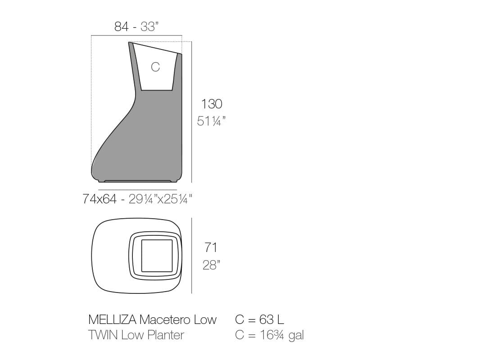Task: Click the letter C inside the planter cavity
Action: (x=155, y=67)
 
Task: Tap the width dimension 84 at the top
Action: (x=121, y=27)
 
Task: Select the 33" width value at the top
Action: (x=149, y=27)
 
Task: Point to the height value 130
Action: (x=212, y=104)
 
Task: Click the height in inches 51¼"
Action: (x=211, y=121)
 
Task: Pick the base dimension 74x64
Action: (x=100, y=199)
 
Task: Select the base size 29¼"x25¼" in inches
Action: (x=160, y=199)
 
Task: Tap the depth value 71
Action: (x=211, y=247)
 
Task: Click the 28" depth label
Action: (x=211, y=265)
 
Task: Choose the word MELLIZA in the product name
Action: (x=112, y=319)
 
